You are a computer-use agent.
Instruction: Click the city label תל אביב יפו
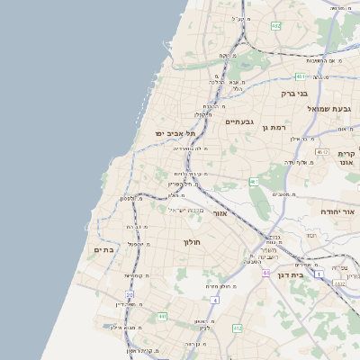(x=159, y=133)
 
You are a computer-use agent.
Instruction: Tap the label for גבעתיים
(x=240, y=121)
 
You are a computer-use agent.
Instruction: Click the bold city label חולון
(x=193, y=242)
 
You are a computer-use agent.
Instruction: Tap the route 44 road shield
(x=266, y=272)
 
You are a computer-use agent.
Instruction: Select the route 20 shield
(x=130, y=294)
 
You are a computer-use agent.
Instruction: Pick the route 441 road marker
(x=162, y=316)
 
